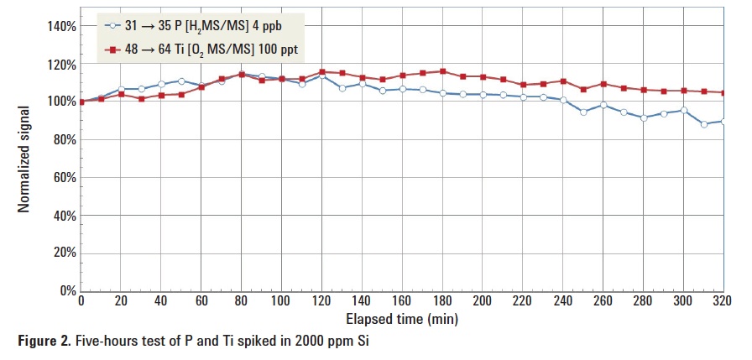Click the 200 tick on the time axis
pyautogui.click(x=483, y=301)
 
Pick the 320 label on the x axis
pyautogui.click(x=723, y=301)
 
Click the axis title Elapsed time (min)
pyautogui.click(x=401, y=319)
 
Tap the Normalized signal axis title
pyautogui.click(x=24, y=158)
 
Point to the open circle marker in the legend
pyautogui.click(x=110, y=26)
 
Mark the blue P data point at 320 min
pyautogui.click(x=723, y=121)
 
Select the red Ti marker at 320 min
pyautogui.click(x=723, y=93)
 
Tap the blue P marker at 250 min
pyautogui.click(x=583, y=112)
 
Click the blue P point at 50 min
pyautogui.click(x=181, y=81)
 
